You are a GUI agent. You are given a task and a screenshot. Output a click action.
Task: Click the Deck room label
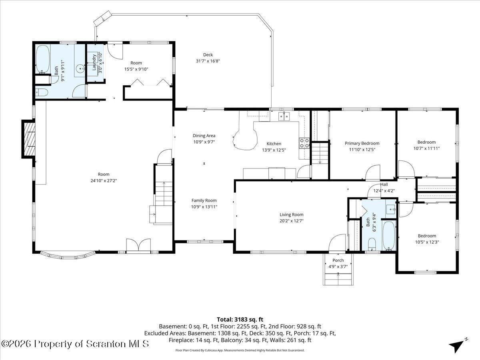[208, 55]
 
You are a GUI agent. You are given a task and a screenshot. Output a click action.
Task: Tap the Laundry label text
[94, 62]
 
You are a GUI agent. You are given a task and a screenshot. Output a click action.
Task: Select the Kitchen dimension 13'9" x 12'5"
[274, 150]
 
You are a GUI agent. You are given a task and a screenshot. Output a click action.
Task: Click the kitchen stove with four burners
[304, 143]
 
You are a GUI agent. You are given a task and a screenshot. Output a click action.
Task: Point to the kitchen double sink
[284, 116]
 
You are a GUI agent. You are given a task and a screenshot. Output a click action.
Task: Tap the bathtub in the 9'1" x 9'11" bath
[43, 59]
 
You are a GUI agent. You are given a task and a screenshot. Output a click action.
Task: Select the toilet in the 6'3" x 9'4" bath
[372, 244]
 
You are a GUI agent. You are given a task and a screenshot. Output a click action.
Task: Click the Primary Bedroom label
[362, 143]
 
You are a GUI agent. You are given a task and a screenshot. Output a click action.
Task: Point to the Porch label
[338, 260]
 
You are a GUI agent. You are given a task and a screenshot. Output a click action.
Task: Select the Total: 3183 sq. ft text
[240, 320]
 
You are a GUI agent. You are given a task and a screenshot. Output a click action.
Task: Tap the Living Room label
[291, 215]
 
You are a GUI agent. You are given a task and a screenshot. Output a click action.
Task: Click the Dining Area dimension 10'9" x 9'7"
[204, 142]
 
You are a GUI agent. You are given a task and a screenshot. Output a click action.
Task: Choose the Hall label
[384, 184]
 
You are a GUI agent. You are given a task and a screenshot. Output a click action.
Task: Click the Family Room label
[204, 200]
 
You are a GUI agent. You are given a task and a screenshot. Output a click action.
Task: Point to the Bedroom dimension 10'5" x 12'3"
[427, 242]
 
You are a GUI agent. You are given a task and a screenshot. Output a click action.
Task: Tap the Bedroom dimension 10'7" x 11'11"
[426, 148]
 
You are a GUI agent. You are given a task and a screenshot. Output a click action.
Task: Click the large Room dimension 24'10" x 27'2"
[104, 181]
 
